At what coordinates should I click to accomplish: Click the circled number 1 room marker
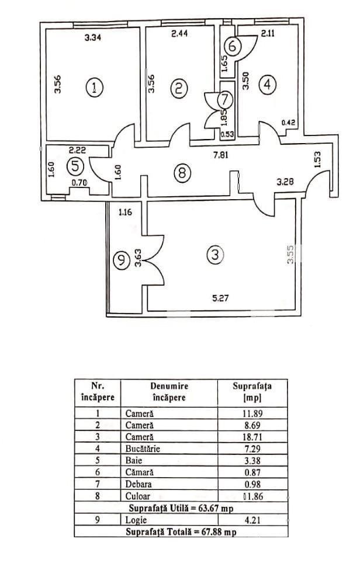click(x=94, y=88)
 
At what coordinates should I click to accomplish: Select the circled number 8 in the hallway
click(x=182, y=173)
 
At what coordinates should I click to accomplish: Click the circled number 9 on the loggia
click(x=121, y=260)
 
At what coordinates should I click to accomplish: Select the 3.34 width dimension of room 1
click(x=94, y=38)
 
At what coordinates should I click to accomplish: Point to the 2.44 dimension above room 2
click(x=179, y=35)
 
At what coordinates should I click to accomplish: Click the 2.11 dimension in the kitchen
click(x=268, y=34)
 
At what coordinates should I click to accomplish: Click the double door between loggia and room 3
click(x=154, y=260)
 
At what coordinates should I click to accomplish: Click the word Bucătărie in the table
click(x=143, y=449)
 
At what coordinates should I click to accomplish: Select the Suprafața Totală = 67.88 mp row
click(x=181, y=532)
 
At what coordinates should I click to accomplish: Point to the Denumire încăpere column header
click(x=169, y=392)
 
